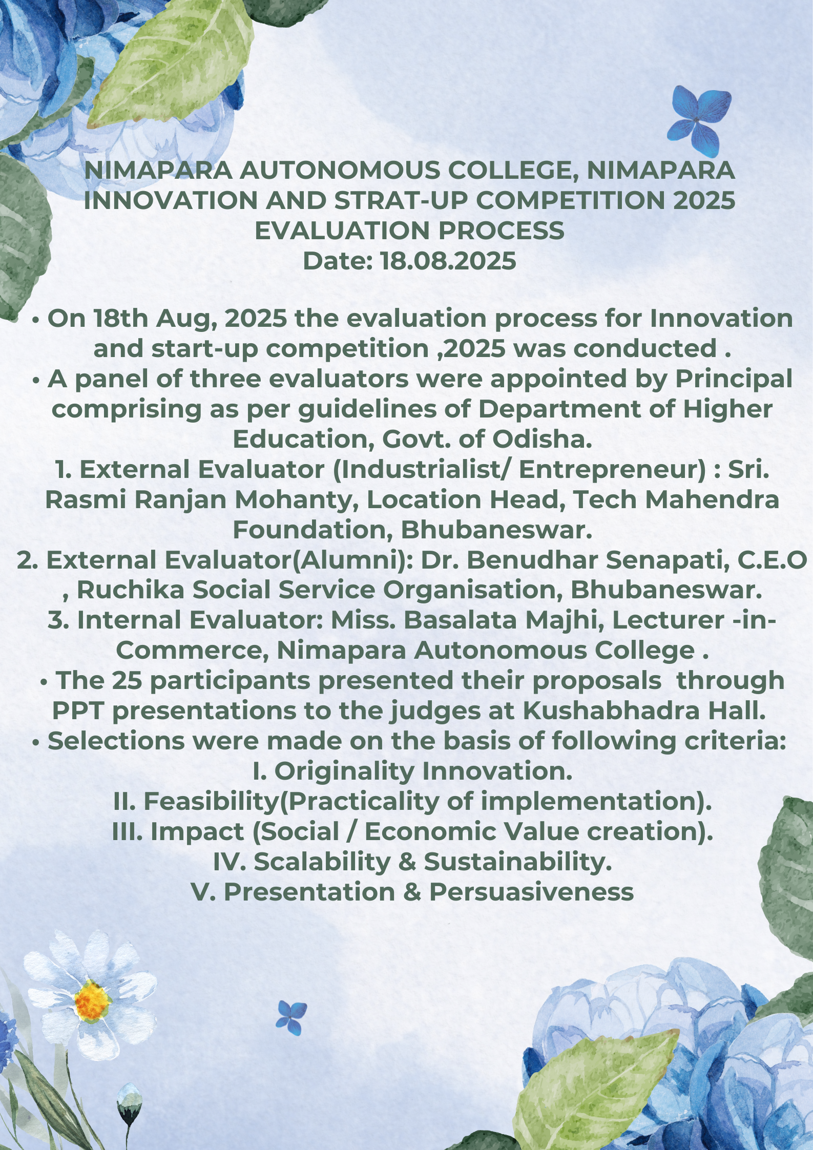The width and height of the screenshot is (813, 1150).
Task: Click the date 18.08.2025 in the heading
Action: [448, 261]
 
